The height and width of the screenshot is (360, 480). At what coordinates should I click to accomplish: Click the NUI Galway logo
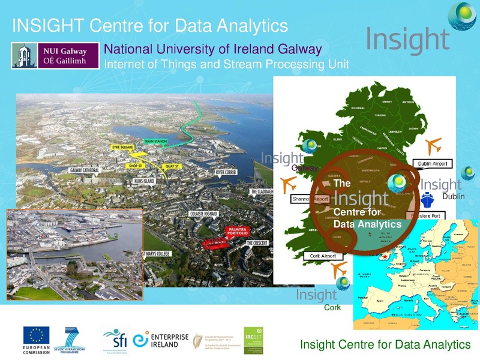(55, 55)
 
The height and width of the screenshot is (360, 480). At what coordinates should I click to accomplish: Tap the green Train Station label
(155, 142)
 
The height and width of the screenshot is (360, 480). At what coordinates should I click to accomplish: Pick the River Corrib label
(229, 172)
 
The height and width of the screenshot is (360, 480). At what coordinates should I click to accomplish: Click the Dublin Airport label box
(433, 163)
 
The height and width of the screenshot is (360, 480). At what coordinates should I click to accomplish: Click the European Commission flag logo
(37, 335)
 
